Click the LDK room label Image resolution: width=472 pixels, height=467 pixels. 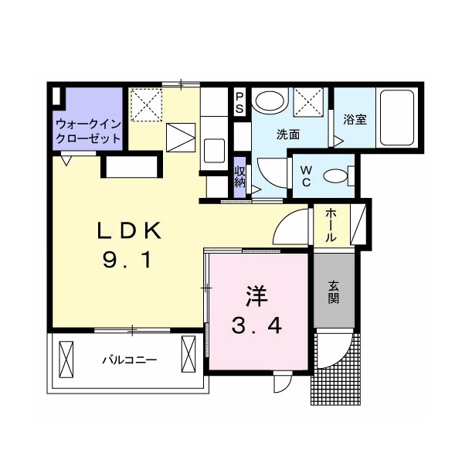129,230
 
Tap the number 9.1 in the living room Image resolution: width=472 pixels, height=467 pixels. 127,261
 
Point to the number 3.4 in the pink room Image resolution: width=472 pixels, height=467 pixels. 256,326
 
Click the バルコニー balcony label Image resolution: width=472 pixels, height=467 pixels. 130,360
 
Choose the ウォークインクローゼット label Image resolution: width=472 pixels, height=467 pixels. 88,131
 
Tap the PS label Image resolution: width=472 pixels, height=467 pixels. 239,103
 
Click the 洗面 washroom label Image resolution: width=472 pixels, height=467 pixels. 288,135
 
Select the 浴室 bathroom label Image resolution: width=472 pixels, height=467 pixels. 355,120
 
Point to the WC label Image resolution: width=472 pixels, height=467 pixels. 306,176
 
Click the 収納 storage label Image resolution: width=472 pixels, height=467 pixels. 240,176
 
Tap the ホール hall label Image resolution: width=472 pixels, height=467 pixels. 331,225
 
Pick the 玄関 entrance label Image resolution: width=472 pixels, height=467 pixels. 334,291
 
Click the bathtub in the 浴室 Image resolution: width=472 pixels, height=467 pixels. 397,118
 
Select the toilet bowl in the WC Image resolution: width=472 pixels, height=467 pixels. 335,176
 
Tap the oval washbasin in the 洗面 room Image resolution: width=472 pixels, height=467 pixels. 269,101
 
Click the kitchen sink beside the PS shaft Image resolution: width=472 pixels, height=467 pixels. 214,151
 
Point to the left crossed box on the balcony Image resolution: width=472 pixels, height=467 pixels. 66,359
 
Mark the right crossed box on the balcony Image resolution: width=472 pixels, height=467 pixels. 188,354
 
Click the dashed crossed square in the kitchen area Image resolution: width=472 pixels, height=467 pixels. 147,105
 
